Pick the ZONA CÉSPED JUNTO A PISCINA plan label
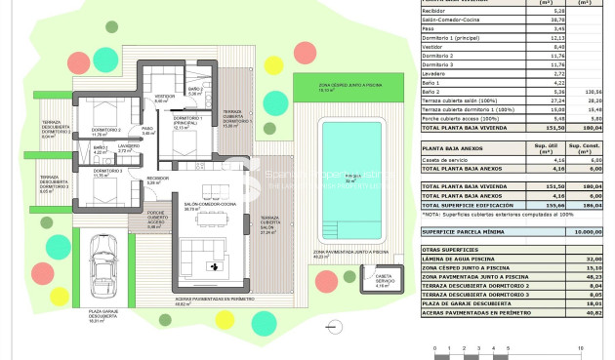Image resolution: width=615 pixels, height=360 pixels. (341, 87)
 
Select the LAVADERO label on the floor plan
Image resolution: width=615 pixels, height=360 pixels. (130, 147)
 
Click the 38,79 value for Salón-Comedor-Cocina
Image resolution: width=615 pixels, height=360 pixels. (531, 20)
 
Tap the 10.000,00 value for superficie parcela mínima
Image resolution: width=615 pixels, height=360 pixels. (586, 232)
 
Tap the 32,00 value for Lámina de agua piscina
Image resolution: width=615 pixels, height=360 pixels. (587, 259)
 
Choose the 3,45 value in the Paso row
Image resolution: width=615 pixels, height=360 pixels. (532, 29)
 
